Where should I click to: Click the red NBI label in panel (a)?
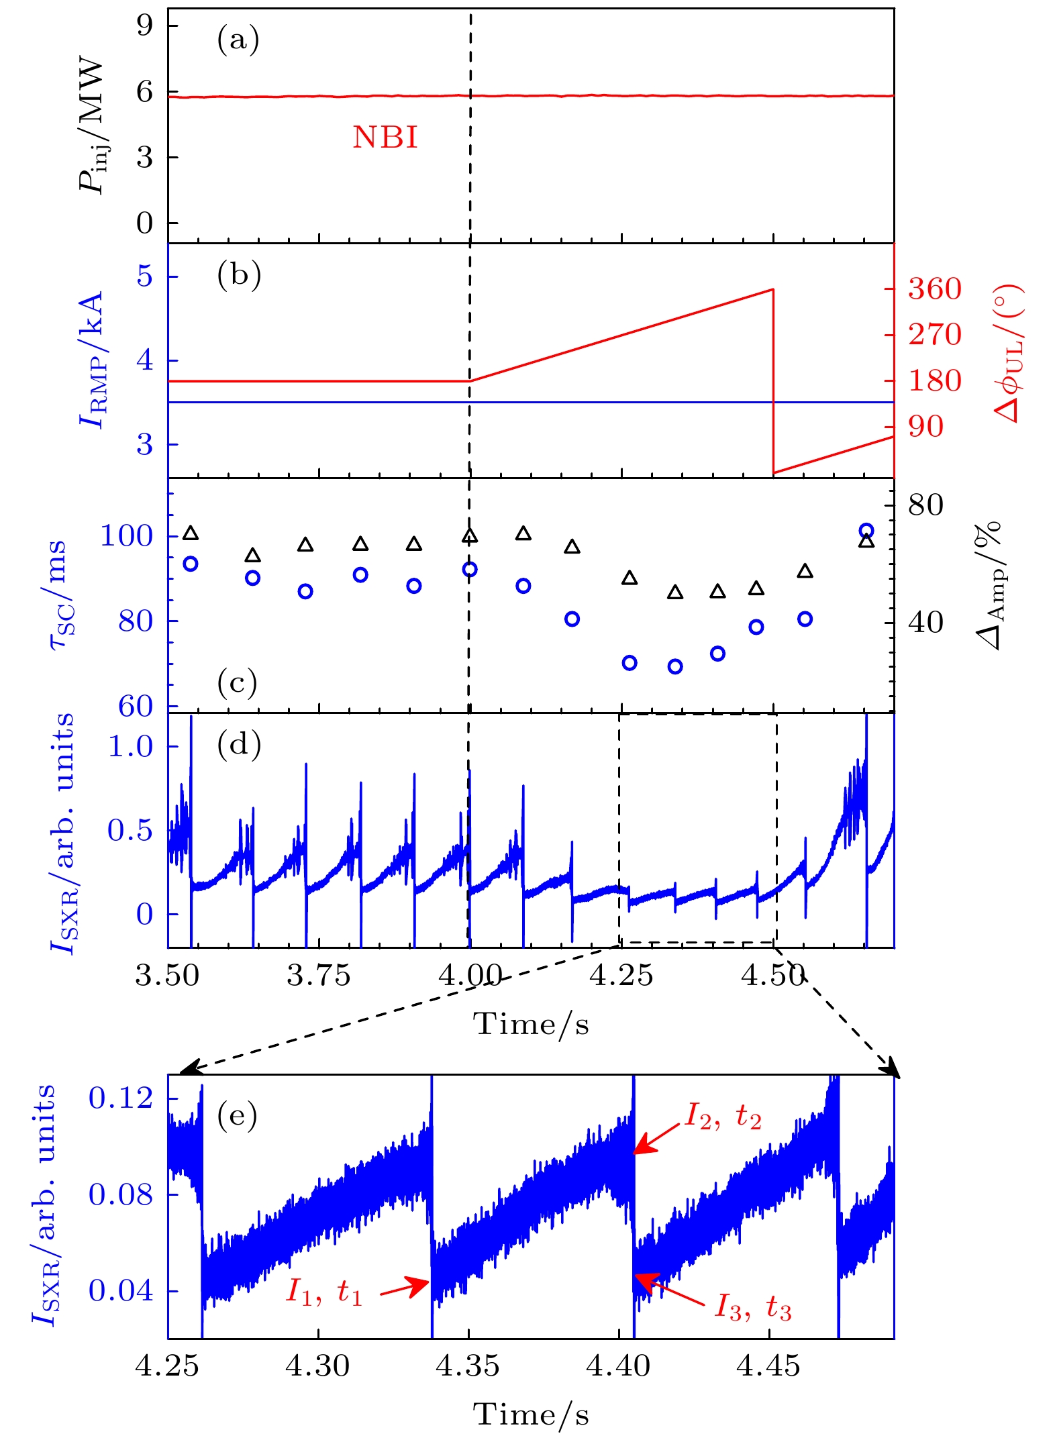tap(385, 138)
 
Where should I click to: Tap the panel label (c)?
tap(238, 683)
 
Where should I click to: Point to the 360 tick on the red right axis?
tap(935, 289)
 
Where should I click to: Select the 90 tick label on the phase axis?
tap(926, 427)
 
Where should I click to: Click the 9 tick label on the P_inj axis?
tap(145, 25)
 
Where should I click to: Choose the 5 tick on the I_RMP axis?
tap(145, 276)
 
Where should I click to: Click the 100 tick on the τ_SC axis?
tap(126, 536)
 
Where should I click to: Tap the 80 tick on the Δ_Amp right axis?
tap(925, 505)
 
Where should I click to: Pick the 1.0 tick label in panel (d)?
tap(131, 746)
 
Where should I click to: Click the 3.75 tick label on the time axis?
tap(318, 976)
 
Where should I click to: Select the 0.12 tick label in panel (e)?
tap(121, 1098)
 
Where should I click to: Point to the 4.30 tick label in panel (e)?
tap(317, 1366)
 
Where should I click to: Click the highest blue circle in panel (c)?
tap(866, 531)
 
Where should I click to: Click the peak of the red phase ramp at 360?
tap(773, 290)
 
